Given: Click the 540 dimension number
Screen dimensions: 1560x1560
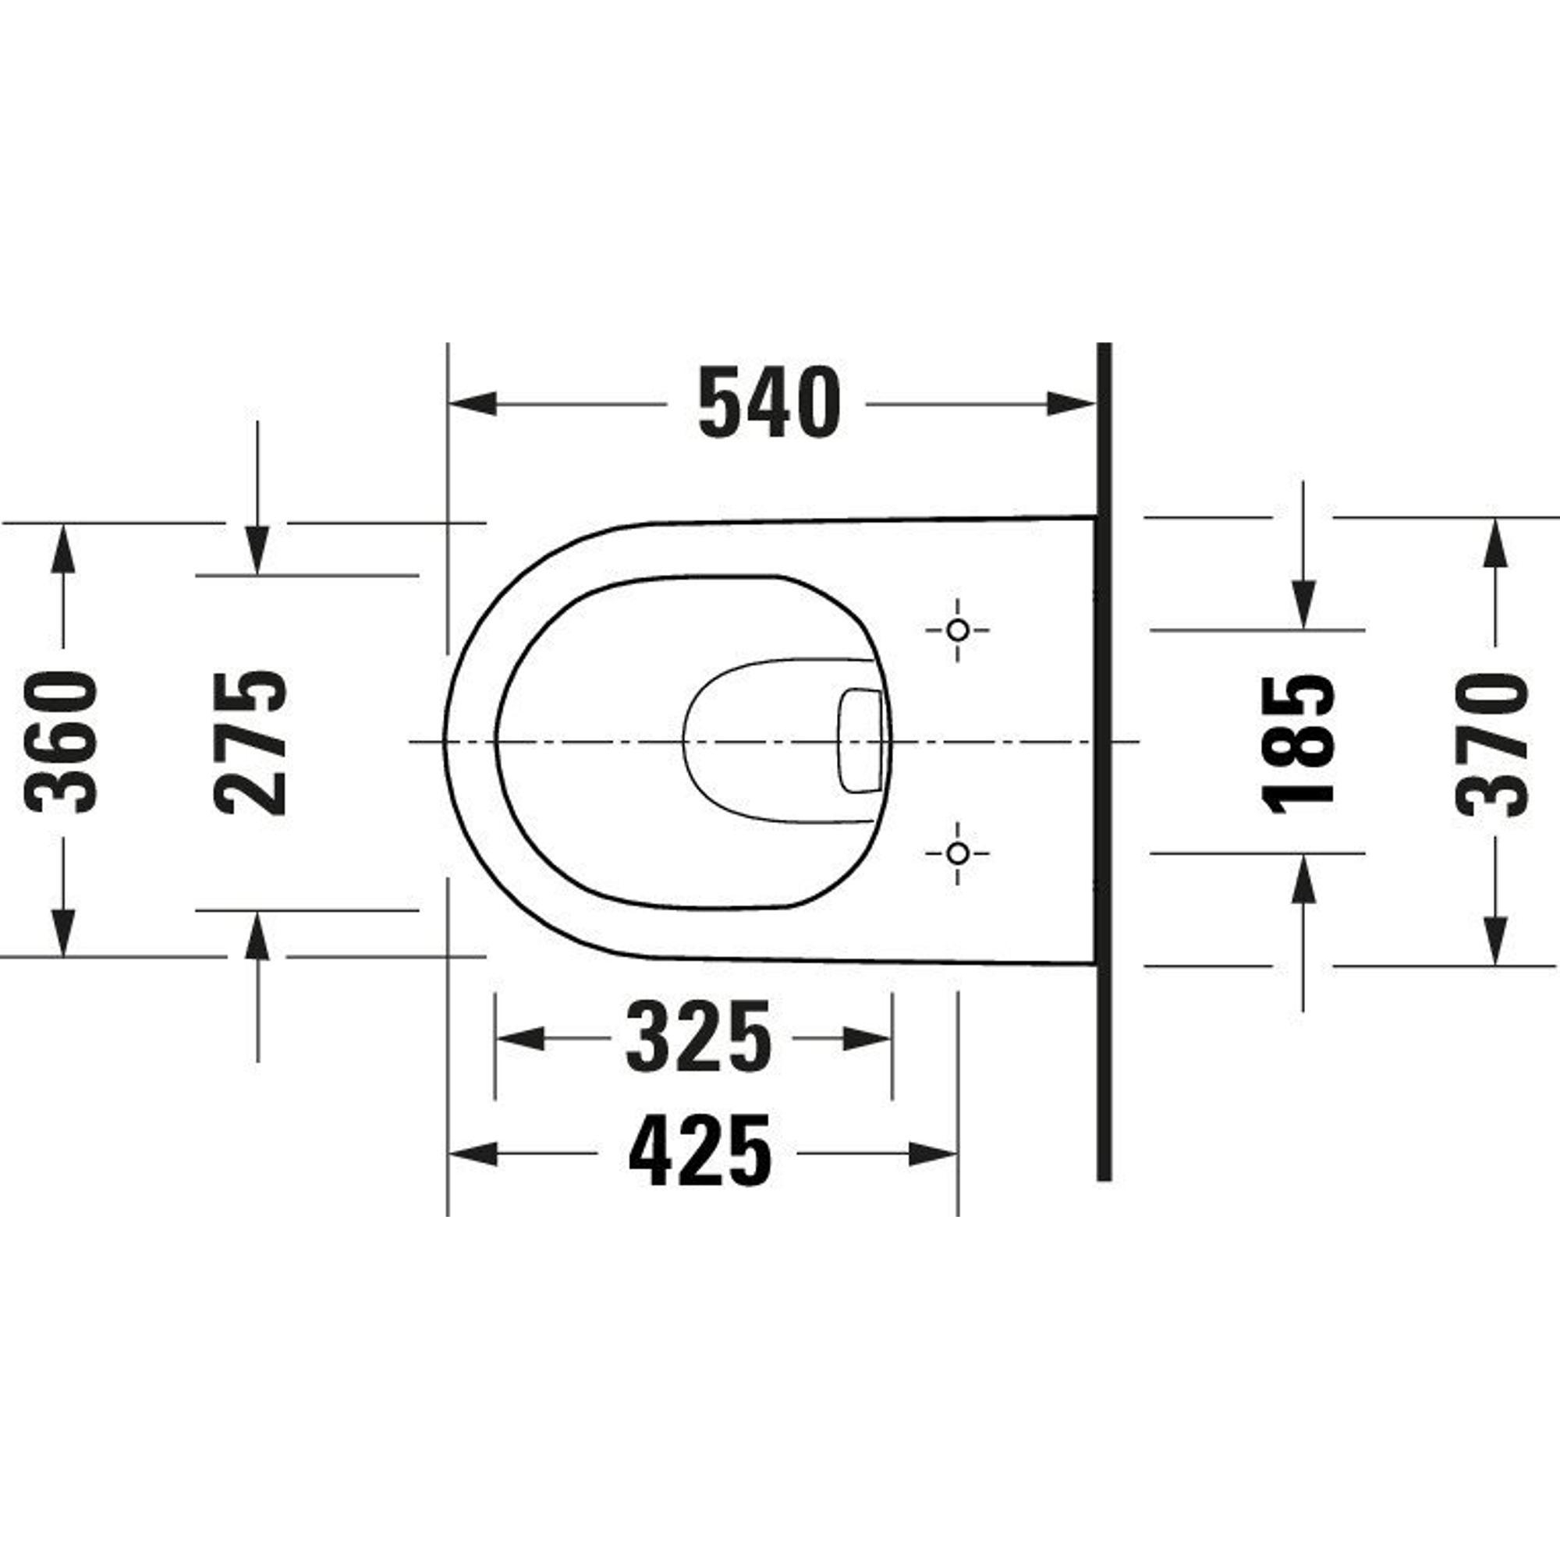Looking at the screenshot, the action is click(x=769, y=402).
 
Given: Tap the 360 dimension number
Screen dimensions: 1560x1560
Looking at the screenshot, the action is click(x=62, y=740).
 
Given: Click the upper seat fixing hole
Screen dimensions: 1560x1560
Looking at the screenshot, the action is click(x=958, y=629).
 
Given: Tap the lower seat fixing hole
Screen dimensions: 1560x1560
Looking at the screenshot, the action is click(x=958, y=853).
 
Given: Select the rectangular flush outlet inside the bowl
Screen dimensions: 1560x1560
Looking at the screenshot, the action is click(x=862, y=740).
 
